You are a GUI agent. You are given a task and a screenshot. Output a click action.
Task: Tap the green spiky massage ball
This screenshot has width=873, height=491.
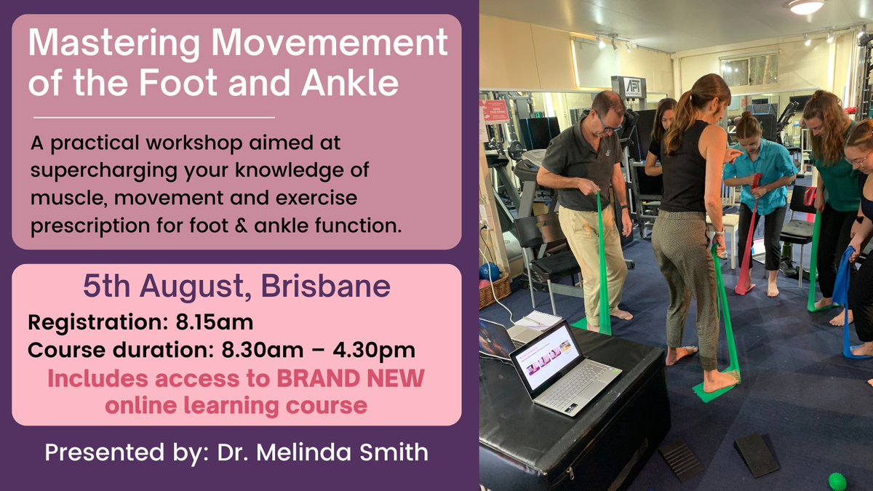(x=839, y=481)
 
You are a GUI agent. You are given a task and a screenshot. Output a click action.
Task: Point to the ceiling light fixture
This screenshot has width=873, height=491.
(x=806, y=7)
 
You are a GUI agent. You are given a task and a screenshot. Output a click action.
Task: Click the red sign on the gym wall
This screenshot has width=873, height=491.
(x=495, y=111)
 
